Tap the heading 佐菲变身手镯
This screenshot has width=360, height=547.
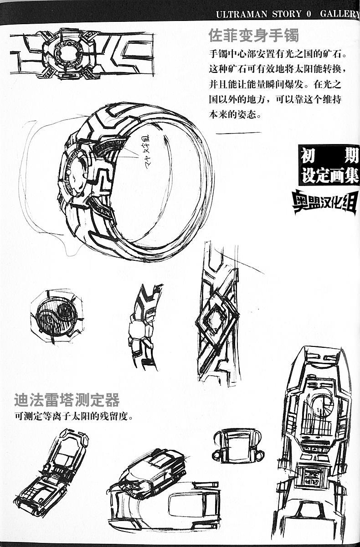[x=253, y=35]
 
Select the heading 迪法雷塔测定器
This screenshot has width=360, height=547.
[x=67, y=400]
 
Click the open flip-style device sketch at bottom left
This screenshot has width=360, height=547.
[x=51, y=472]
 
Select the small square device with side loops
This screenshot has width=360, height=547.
[x=238, y=445]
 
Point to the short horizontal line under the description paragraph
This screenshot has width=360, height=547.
[x=237, y=133]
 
